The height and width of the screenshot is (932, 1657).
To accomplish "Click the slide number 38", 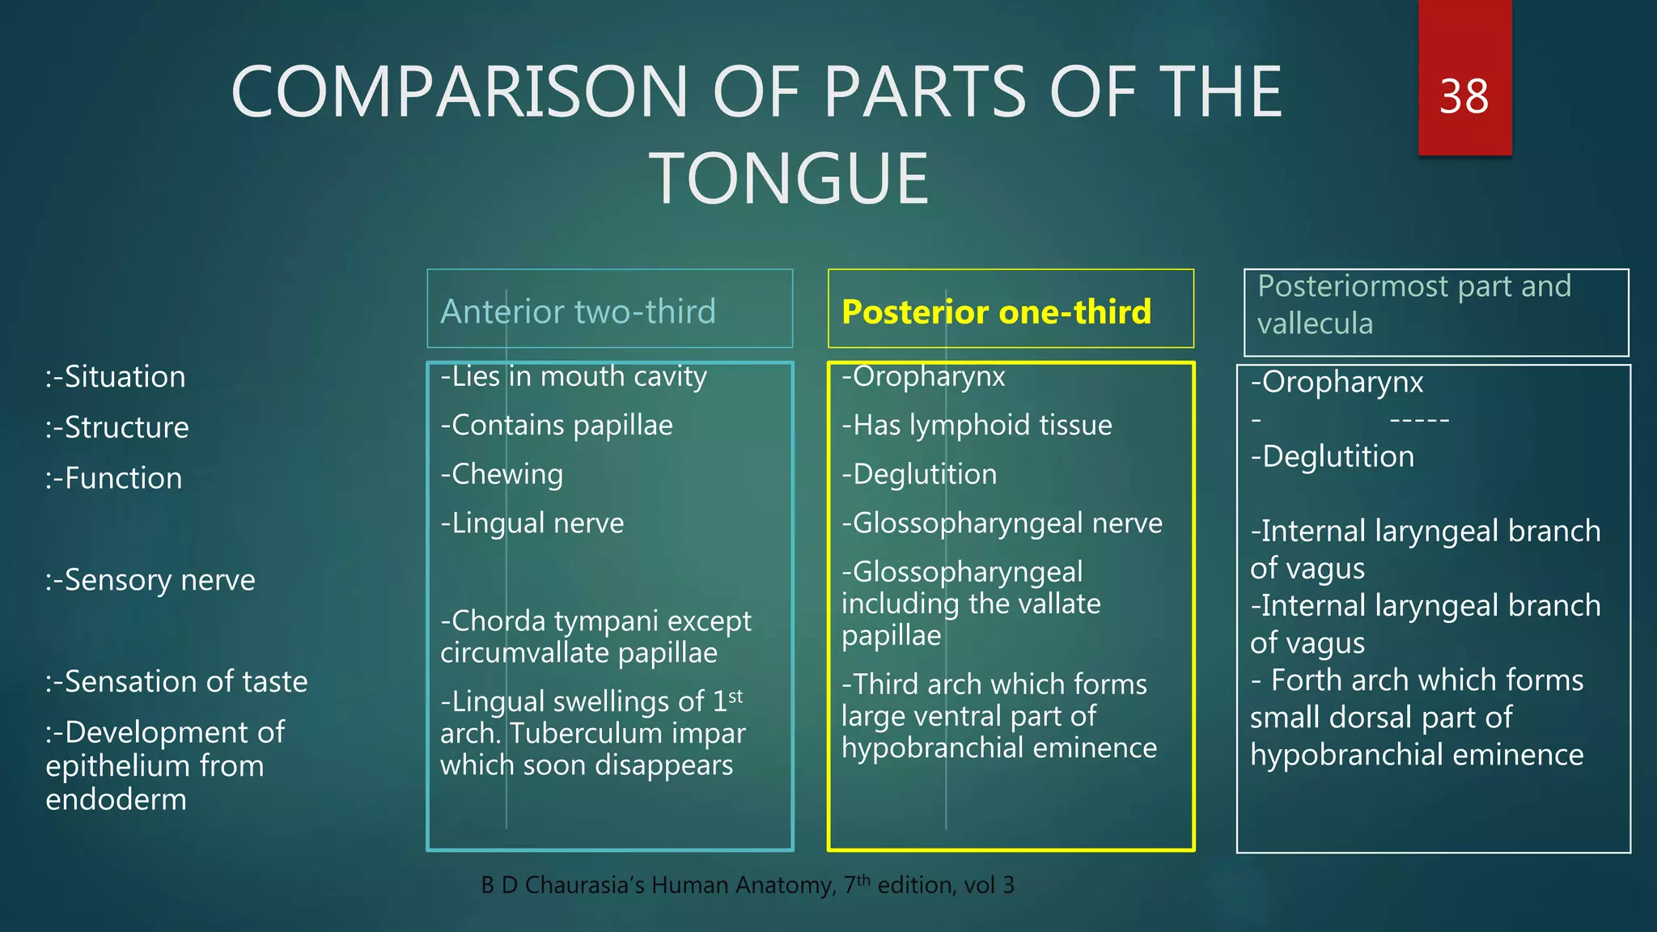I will (x=1464, y=96).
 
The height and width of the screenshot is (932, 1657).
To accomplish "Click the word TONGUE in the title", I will (x=790, y=179).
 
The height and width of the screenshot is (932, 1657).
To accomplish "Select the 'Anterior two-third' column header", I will (x=578, y=311).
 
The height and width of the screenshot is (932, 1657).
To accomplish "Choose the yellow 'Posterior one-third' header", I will (x=996, y=311).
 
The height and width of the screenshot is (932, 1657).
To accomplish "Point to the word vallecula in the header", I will (x=1315, y=324).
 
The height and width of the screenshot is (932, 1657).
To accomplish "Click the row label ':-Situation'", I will (x=116, y=377).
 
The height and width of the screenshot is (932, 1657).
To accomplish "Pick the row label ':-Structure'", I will (x=117, y=427).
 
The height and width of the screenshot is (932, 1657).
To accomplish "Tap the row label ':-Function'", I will (x=114, y=478).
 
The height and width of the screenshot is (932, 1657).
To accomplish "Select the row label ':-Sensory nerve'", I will (x=150, y=580).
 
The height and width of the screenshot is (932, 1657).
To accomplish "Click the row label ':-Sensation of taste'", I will (x=176, y=681).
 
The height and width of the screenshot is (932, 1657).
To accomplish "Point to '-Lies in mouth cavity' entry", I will (x=574, y=376).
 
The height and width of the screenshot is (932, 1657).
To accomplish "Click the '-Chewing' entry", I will (x=502, y=474).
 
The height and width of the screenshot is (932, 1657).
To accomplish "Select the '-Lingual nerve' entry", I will (x=532, y=523).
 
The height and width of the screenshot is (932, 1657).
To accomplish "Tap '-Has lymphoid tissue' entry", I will (x=977, y=425).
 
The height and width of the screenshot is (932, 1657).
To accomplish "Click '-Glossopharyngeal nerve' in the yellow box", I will (x=1002, y=523).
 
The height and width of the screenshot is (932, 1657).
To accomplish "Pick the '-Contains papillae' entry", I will (x=557, y=425).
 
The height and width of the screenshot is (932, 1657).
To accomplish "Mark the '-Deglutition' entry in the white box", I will (x=1333, y=456).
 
